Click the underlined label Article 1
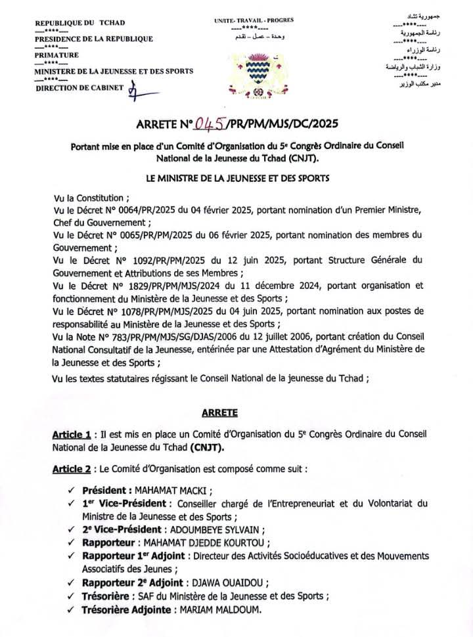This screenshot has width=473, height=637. tap(71, 435)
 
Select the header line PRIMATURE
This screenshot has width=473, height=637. tap(56, 55)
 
